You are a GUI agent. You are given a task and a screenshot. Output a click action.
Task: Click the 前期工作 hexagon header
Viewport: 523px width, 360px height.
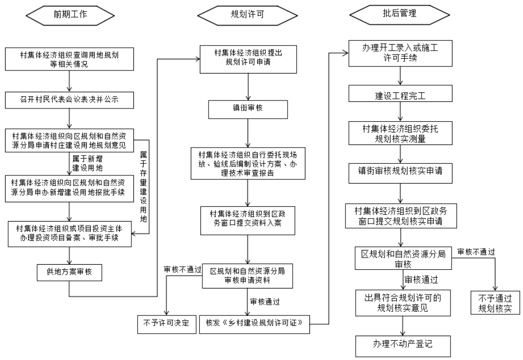(70, 15)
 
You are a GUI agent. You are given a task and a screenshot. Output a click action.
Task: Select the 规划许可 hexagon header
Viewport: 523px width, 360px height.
(247, 15)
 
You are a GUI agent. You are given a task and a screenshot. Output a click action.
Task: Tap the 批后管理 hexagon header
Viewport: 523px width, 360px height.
(399, 14)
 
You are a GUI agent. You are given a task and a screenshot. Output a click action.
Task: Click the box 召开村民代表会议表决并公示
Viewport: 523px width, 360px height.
(69, 100)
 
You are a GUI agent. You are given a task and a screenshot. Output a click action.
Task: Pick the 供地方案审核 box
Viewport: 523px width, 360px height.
(69, 273)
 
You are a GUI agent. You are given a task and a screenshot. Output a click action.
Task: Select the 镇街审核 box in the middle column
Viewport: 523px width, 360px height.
(248, 110)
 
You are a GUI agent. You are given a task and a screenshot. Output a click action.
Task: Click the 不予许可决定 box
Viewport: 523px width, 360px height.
(167, 324)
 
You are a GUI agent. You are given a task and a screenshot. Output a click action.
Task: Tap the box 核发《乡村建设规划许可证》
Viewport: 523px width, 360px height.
(255, 324)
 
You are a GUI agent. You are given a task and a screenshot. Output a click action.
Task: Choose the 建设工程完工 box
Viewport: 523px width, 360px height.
(400, 93)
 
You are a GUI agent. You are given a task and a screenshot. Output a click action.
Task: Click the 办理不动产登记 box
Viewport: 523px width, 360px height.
(403, 346)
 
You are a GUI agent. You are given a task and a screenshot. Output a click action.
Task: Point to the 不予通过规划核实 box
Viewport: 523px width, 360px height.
(495, 303)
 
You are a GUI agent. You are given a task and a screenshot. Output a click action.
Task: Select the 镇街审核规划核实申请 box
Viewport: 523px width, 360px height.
(400, 173)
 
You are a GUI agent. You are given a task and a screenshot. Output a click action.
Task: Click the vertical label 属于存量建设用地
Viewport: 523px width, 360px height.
(143, 187)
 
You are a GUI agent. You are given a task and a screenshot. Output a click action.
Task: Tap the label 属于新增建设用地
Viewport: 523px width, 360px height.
(87, 163)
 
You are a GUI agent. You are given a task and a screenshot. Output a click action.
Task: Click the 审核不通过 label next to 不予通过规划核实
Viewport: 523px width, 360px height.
(476, 252)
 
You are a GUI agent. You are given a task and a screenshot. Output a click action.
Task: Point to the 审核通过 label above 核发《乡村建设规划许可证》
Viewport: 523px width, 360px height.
(265, 302)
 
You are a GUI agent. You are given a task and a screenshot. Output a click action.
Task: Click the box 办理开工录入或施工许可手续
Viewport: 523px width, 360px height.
(400, 53)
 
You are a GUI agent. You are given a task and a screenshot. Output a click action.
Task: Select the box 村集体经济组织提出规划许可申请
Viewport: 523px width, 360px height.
(248, 59)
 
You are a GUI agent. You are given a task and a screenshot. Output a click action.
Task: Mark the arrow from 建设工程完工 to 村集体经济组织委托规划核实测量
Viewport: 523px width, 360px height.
(400, 112)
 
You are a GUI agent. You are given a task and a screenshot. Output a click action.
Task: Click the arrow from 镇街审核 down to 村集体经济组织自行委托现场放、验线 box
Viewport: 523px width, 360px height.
(248, 133)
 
